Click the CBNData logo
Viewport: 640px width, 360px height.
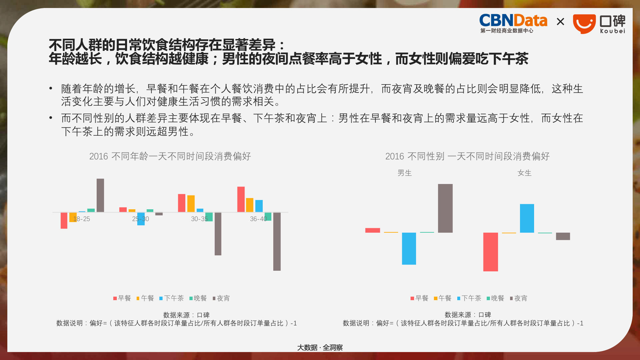pyautogui.click(x=513, y=23)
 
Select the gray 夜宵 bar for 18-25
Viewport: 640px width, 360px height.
pyautogui.click(x=100, y=195)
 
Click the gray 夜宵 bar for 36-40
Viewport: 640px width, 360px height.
pyautogui.click(x=277, y=242)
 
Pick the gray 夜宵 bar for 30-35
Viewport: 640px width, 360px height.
pyautogui.click(x=218, y=234)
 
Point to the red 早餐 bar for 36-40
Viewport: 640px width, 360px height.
pyautogui.click(x=241, y=199)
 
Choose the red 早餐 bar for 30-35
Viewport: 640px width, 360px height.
pyautogui.click(x=182, y=203)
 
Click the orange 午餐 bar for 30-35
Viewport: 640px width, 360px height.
pyautogui.click(x=191, y=204)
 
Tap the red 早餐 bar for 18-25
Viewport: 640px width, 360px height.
pyautogui.click(x=64, y=220)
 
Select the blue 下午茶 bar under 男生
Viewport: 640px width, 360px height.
pyautogui.click(x=409, y=249)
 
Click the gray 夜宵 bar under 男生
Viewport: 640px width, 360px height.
pyautogui.click(x=445, y=208)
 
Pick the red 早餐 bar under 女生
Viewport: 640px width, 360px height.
pyautogui.click(x=491, y=252)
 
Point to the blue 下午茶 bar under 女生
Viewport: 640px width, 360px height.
pyautogui.click(x=527, y=218)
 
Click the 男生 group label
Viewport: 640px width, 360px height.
pyautogui.click(x=404, y=173)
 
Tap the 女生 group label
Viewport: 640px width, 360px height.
pyautogui.click(x=524, y=173)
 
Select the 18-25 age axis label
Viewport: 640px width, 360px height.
pyautogui.click(x=82, y=219)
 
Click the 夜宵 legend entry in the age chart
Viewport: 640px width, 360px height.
pyautogui.click(x=221, y=298)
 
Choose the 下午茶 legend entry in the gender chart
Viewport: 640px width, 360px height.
pyautogui.click(x=469, y=298)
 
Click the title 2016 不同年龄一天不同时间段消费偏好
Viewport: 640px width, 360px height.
pyautogui.click(x=170, y=156)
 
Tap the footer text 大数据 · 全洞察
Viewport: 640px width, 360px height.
pyautogui.click(x=320, y=348)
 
